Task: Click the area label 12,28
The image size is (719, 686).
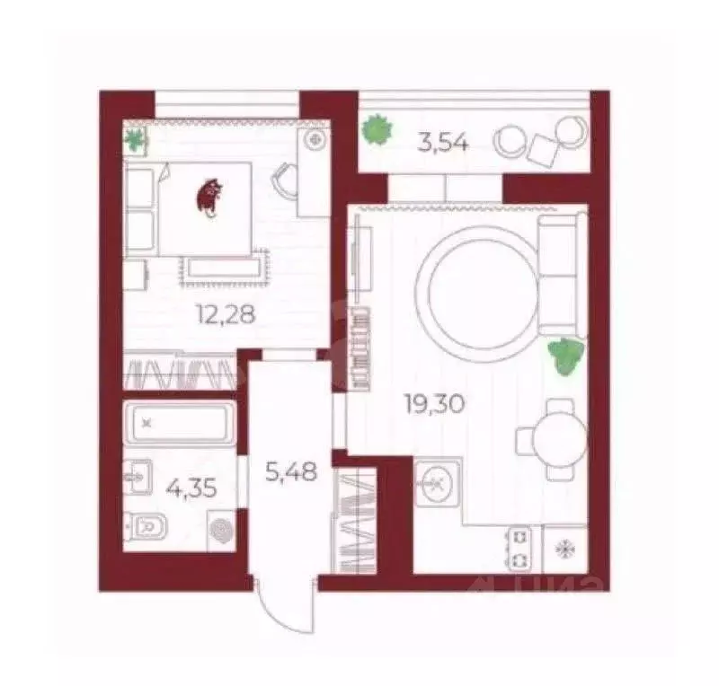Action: (x=226, y=315)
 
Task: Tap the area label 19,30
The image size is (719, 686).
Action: (x=434, y=404)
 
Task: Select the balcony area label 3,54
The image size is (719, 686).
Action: (x=443, y=143)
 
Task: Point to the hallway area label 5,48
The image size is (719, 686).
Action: (x=291, y=471)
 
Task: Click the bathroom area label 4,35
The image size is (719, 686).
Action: (x=191, y=489)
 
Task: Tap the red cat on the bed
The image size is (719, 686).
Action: (x=209, y=197)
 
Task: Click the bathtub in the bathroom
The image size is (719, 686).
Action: (x=181, y=424)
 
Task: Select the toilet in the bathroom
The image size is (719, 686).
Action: (x=146, y=527)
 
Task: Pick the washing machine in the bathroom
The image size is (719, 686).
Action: (x=222, y=531)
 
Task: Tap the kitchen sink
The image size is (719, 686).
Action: (x=438, y=484)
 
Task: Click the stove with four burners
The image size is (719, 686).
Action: (x=520, y=549)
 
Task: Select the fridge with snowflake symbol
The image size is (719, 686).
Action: (x=565, y=549)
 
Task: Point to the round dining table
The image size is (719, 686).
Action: (x=559, y=439)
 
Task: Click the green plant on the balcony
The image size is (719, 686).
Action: (x=377, y=130)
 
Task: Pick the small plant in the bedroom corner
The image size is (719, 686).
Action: (x=135, y=140)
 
